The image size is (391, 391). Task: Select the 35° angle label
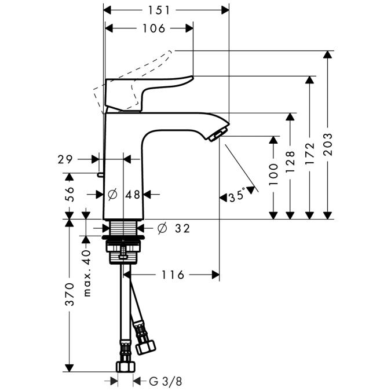click(x=237, y=196)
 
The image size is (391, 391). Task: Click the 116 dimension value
click(x=173, y=275)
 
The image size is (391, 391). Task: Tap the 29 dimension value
click(x=65, y=158)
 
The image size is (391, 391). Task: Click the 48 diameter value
click(x=133, y=195)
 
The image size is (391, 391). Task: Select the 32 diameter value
click(x=181, y=229)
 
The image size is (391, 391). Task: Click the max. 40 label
click(x=87, y=273)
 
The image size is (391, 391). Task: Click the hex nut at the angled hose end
click(x=145, y=346)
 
